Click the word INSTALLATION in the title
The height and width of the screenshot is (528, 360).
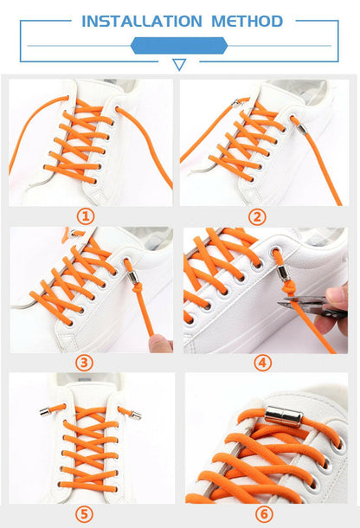tap(141, 22)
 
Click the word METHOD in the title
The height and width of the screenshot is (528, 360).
tap(247, 22)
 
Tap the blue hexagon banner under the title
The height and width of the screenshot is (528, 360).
tap(179, 46)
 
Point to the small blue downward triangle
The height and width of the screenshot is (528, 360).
tap(179, 64)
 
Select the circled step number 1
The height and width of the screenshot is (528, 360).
tap(86, 216)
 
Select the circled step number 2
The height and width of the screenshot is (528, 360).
tap(257, 217)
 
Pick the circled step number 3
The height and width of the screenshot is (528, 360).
tap(84, 363)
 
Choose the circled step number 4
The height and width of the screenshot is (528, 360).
tap(262, 363)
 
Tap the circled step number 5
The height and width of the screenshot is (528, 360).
tap(84, 514)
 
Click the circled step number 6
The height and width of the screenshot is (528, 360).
tap(264, 514)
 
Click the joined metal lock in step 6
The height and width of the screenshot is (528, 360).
tap(284, 416)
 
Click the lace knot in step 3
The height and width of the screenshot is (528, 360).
tap(138, 287)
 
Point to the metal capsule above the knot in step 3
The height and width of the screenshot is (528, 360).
tap(133, 277)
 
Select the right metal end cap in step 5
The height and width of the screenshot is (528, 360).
tap(136, 415)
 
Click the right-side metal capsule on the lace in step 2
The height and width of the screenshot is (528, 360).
tap(302, 129)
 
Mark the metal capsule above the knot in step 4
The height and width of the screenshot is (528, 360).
tap(283, 273)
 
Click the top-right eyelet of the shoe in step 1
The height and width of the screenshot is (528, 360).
tap(117, 108)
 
